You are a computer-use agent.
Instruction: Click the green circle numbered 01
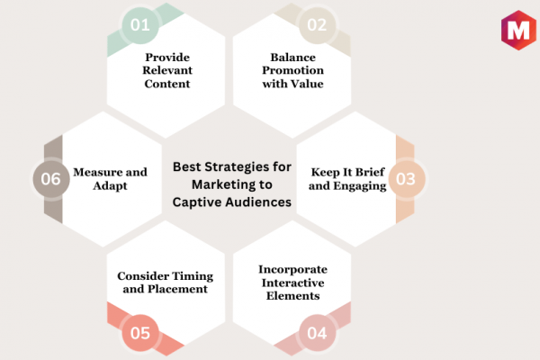coord(140,25)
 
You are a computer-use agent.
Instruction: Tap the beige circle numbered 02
coord(317,25)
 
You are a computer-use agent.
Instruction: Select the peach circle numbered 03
coord(407,179)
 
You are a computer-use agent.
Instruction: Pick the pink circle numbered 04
coord(317,333)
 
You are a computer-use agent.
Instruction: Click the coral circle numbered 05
coord(140,333)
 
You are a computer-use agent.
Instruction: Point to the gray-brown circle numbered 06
coord(51,179)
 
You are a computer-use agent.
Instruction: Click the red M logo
coord(518,31)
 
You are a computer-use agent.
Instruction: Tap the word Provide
coord(167,58)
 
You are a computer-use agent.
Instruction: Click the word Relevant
coord(167,70)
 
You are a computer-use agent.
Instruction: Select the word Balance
coord(293,58)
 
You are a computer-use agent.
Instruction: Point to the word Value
coord(307,84)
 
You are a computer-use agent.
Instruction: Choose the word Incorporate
coord(293,269)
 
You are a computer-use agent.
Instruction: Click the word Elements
coord(293,296)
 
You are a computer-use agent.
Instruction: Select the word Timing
coord(193,276)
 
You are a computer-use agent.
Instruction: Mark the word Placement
coord(177,289)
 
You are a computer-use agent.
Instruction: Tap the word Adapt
coord(110,186)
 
